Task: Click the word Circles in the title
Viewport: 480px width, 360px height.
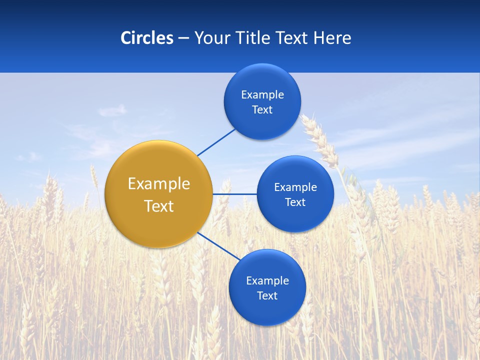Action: pos(146,38)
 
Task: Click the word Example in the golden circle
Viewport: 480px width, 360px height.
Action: pos(158,183)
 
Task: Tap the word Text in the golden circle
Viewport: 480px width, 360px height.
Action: pos(158,206)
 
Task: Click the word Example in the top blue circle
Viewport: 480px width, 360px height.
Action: pos(262,94)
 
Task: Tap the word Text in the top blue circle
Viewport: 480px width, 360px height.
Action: pos(262,109)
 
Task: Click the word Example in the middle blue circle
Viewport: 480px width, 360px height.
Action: pos(295,187)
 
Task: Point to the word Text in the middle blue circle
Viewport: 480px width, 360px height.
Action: pos(295,202)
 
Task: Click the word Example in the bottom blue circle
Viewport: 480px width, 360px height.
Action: pos(267,280)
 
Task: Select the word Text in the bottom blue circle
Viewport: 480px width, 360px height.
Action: pos(267,295)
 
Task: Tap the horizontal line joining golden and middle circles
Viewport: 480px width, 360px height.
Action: pos(234,194)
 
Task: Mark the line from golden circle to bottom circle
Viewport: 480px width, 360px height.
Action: pos(218,246)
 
